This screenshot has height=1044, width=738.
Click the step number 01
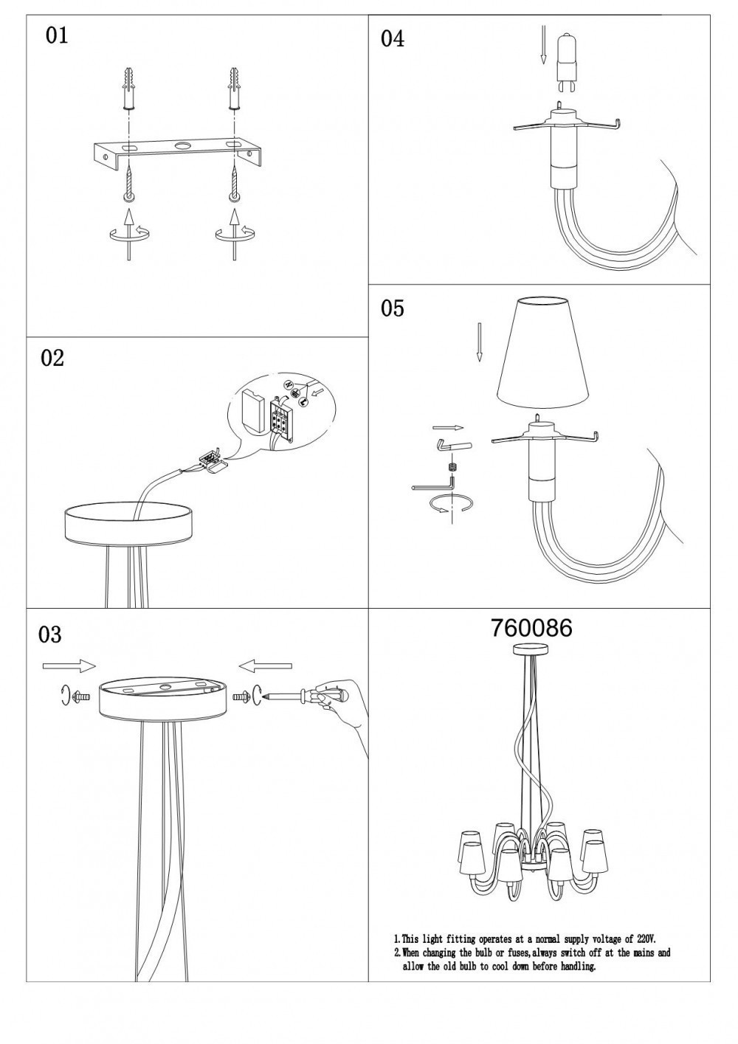57,36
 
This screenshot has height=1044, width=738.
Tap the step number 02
52,358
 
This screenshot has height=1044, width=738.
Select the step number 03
50,635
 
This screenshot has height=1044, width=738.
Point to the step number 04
393,38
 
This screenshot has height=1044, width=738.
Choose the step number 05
393,308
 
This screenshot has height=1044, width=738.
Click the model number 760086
531,629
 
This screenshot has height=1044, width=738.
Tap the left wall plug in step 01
128,89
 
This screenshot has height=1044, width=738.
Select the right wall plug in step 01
235,89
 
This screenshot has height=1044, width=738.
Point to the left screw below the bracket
128,186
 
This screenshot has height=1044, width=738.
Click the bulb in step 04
567,64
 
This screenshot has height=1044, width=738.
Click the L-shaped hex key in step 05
433,484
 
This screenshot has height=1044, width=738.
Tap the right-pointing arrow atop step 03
69,666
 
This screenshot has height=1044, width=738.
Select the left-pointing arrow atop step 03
265,667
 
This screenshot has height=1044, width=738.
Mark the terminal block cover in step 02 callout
252,412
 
